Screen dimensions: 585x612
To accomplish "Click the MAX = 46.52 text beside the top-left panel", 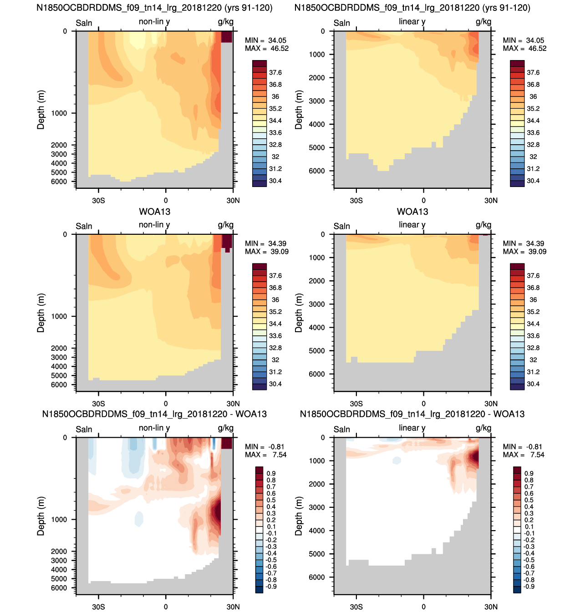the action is click(266, 48).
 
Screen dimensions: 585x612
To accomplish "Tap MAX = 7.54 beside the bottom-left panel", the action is click(265, 455).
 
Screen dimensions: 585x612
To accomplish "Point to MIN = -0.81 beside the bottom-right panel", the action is click(522, 446).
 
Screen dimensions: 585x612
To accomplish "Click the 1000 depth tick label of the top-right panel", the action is click(316, 55).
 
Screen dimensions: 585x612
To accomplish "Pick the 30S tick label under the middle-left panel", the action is click(98, 404).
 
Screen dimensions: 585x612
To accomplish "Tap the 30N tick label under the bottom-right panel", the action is click(491, 607).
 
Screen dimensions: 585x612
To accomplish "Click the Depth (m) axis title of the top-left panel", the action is click(41, 110).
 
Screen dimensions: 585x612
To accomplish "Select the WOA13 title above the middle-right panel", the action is click(412, 212).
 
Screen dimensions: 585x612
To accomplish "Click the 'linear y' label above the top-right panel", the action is click(412, 22).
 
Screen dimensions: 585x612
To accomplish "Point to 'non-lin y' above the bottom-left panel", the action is click(154, 428).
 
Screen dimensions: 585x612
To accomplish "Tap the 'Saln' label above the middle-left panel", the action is click(84, 226).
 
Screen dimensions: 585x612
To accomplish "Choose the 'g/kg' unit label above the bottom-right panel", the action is click(483, 428).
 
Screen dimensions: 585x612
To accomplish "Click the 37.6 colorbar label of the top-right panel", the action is click(533, 73).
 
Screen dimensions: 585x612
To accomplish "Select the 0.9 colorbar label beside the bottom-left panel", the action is click(271, 473).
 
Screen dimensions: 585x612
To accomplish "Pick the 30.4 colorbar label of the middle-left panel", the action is click(275, 384).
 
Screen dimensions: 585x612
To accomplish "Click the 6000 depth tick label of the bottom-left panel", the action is click(59, 587).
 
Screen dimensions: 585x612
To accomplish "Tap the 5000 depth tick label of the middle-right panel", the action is click(316, 351).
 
